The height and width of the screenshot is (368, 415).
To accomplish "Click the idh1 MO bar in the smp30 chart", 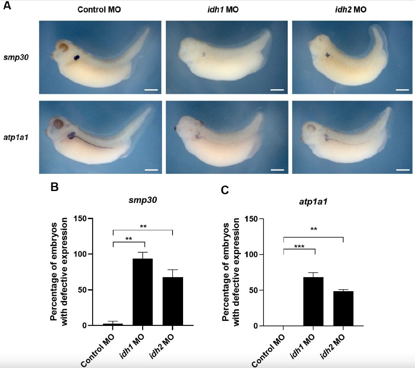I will pyautogui.click(x=142, y=292).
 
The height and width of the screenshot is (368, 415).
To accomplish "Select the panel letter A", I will pyautogui.click(x=7, y=7).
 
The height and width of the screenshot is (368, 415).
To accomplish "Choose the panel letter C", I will pyautogui.click(x=225, y=190).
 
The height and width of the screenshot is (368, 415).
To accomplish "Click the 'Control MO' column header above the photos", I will pyautogui.click(x=99, y=10).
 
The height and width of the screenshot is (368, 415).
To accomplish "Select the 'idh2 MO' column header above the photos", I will pyautogui.click(x=351, y=10).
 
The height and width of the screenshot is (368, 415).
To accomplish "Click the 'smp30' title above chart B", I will pyautogui.click(x=140, y=201).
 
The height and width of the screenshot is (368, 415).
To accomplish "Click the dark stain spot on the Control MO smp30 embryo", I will pyautogui.click(x=77, y=58).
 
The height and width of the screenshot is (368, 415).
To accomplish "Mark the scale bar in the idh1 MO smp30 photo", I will pyautogui.click(x=276, y=90).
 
